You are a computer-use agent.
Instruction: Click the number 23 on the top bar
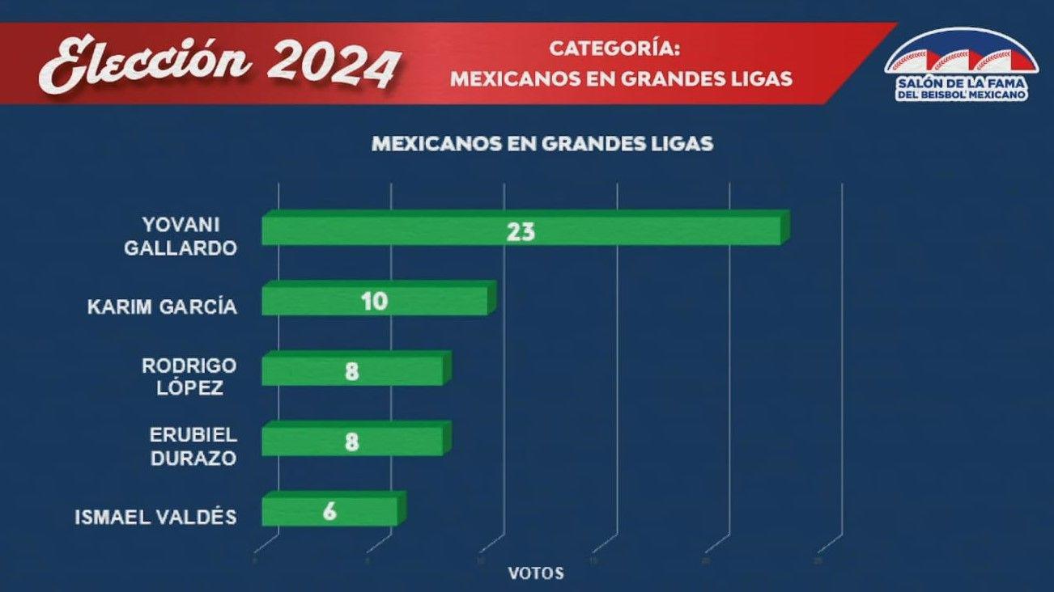tap(521, 232)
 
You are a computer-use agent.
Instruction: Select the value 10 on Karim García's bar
tap(375, 302)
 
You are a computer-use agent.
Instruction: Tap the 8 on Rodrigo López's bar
tap(352, 372)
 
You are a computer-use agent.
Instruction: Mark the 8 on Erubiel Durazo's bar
tap(352, 442)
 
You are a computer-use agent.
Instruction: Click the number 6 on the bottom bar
tap(329, 513)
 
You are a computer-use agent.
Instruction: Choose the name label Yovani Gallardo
tap(181, 235)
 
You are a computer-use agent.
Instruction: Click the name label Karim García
tap(162, 307)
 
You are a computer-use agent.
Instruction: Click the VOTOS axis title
tap(536, 573)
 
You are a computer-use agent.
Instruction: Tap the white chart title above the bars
tap(542, 144)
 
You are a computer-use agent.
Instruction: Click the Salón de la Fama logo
tap(960, 65)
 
